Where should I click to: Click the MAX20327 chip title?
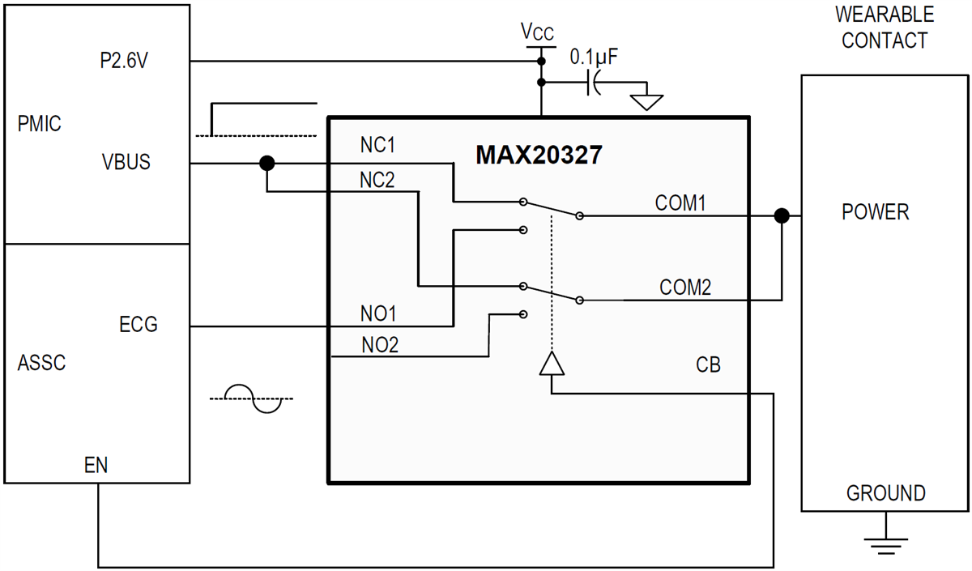click(x=539, y=155)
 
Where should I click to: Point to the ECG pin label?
click(x=138, y=326)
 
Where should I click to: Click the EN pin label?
click(x=96, y=465)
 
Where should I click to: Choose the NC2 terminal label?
click(x=377, y=180)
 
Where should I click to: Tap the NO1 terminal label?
click(x=377, y=313)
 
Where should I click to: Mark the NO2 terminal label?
click(x=380, y=346)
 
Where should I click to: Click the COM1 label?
click(x=681, y=203)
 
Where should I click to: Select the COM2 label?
click(x=685, y=287)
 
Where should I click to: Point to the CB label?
click(x=708, y=365)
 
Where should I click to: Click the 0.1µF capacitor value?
click(x=594, y=58)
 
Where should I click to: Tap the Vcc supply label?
click(x=538, y=32)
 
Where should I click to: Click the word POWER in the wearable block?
click(x=875, y=212)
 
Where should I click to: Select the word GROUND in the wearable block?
click(x=885, y=492)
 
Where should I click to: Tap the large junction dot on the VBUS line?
click(x=266, y=164)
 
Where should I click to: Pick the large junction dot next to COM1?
click(x=782, y=215)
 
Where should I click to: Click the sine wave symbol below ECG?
click(x=254, y=398)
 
